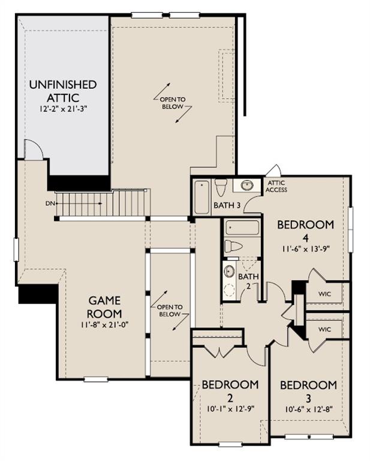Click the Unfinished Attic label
coord(63,91)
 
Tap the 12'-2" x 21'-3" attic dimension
coord(64,109)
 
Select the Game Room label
coord(104,307)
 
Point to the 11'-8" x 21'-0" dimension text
coord(105,325)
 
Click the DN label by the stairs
coord(49,203)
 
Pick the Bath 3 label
coord(227,205)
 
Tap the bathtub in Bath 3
coord(202,197)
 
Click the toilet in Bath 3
coord(220,187)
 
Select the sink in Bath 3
coord(247,185)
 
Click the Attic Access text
coord(276,187)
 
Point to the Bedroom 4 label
coord(305,230)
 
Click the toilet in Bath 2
coord(233,246)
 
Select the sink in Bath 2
coord(229,271)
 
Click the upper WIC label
coord(324,294)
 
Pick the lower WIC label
coord(324,330)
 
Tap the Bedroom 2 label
coord(230,391)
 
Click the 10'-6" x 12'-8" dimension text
coord(309,409)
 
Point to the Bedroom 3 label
coord(308,391)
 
